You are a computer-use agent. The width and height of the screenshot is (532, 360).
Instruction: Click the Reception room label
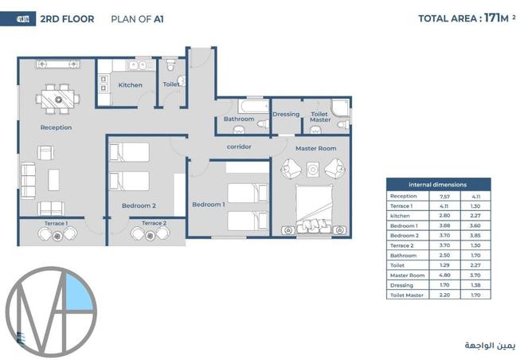point(56,127)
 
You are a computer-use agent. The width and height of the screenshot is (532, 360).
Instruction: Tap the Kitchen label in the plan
point(131,85)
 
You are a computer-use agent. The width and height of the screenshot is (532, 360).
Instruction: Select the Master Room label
point(315,148)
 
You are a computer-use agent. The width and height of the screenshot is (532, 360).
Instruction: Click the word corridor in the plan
point(239,147)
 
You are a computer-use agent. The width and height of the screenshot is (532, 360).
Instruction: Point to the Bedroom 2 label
point(139,205)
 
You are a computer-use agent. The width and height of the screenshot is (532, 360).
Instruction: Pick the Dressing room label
point(286,114)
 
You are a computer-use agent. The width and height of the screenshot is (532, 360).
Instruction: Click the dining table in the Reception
point(57,100)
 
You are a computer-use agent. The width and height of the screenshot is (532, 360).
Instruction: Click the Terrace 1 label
point(55,224)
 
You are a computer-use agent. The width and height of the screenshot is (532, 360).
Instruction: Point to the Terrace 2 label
point(154,224)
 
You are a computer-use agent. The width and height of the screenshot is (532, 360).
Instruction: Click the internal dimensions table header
point(431,183)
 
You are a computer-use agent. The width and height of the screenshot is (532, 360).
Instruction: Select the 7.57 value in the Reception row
point(444,196)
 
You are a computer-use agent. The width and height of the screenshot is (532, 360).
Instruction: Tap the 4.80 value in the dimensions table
point(444,276)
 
